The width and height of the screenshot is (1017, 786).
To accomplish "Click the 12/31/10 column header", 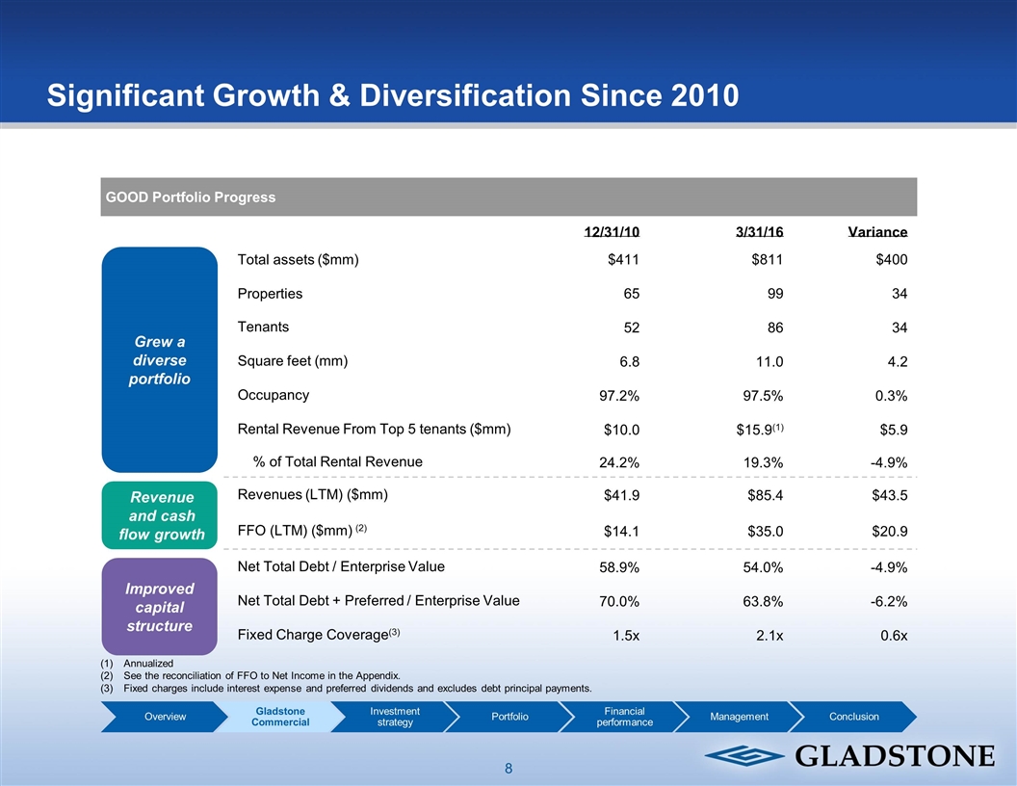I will [612, 232].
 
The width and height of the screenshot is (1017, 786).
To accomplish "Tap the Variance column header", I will [877, 232].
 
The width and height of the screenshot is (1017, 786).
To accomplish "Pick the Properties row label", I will [270, 293].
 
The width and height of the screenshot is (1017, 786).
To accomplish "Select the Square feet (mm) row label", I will [293, 361].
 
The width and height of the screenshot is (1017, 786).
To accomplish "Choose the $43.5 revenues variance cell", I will [888, 496].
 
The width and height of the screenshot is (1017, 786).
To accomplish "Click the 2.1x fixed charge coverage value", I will [769, 635].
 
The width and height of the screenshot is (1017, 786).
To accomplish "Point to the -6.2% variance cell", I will [887, 601].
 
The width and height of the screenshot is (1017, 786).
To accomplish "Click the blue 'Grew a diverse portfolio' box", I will [159, 360].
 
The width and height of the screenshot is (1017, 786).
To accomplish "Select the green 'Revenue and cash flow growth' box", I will [159, 515].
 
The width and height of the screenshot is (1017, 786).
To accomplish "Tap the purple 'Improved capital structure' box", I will [159, 607].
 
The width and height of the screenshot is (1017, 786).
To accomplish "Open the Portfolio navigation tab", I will [509, 717].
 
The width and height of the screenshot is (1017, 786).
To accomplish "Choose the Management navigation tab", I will [739, 717].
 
